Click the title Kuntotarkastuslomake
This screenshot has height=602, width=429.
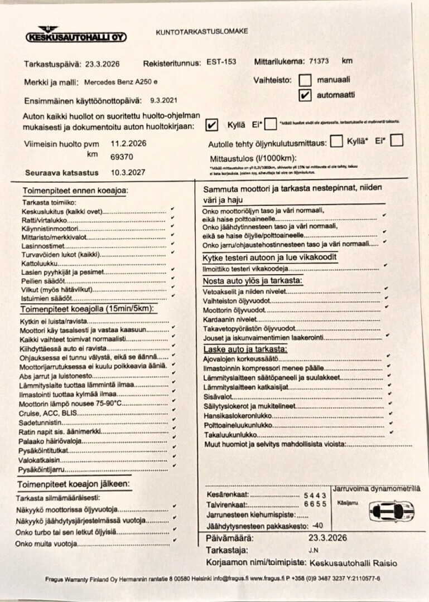[202, 31]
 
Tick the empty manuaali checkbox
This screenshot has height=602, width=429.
[305, 80]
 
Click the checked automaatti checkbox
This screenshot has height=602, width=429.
[305, 95]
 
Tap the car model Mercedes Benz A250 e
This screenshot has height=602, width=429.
[120, 82]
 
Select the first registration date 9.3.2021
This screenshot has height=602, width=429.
[164, 101]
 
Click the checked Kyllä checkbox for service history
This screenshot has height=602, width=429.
[212, 124]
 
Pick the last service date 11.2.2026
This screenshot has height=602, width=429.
[128, 143]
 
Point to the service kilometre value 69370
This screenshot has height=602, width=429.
[122, 157]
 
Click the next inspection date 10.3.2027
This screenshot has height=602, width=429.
[128, 173]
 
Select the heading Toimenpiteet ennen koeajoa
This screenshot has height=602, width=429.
[75, 191]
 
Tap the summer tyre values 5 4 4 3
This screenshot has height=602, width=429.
[315, 495]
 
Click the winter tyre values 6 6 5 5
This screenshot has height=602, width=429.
[315, 504]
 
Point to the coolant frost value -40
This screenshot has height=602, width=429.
[317, 525]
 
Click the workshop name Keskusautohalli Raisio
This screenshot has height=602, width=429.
[353, 563]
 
